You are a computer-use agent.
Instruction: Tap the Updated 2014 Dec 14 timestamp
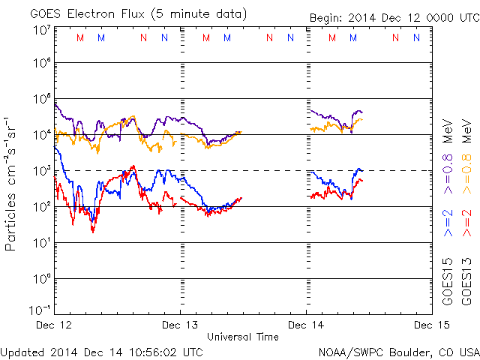(101, 351)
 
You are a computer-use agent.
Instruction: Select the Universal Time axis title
(243, 337)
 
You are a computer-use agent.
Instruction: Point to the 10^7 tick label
(40, 30)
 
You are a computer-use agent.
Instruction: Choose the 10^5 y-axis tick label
(40, 99)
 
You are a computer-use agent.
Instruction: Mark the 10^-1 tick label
(39, 310)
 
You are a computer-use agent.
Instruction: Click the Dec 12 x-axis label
(54, 325)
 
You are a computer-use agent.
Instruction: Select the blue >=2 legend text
(448, 223)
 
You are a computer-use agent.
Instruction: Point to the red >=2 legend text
(466, 223)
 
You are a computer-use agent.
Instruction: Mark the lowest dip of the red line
(93, 231)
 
